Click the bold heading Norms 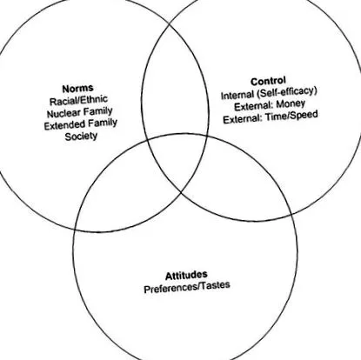click(x=77, y=88)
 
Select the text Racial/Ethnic click(x=78, y=100)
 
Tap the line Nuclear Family click(x=79, y=112)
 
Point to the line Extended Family click(x=81, y=124)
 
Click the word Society click(x=81, y=137)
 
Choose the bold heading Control click(x=268, y=81)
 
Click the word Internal click(x=237, y=96)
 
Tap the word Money click(x=291, y=103)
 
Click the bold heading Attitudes click(x=186, y=275)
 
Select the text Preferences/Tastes click(x=187, y=287)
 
